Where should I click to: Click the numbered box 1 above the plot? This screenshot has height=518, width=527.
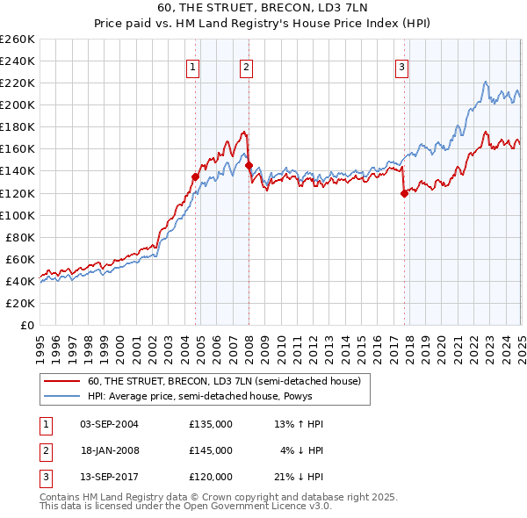(191, 66)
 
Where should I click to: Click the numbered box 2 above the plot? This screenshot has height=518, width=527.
(247, 66)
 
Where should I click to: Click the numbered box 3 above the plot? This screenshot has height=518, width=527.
(401, 66)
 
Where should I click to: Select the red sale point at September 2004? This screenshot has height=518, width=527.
(195, 176)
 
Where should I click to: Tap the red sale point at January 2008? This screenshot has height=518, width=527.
(249, 165)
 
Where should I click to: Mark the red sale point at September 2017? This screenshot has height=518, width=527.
(404, 193)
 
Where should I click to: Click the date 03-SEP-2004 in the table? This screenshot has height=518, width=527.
(109, 424)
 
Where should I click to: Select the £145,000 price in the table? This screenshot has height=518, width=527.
(211, 450)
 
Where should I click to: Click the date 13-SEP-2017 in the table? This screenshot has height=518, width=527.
(109, 477)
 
